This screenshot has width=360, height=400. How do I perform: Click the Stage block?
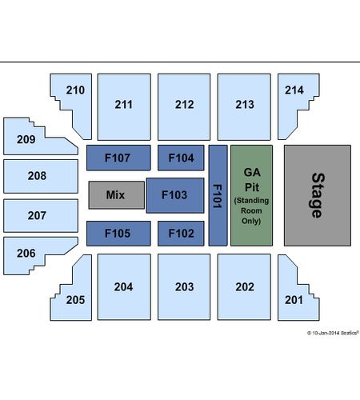tap(318, 195)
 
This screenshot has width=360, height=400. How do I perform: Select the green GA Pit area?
tap(251, 195)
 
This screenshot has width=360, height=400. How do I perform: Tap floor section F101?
tap(218, 195)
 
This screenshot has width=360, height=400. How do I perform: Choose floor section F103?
tap(175, 195)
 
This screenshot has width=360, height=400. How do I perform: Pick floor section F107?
tap(118, 158)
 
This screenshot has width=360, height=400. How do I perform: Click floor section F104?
tap(181, 158)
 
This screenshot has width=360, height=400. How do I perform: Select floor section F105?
tap(118, 234)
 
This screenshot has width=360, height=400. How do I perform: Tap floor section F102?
tap(181, 234)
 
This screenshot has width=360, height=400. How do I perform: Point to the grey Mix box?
tap(117, 195)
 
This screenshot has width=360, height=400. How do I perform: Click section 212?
tap(184, 107)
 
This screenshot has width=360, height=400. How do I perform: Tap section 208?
tap(41, 176)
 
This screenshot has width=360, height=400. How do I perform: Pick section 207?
tap(41, 216)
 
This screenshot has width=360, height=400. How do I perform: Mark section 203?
tap(184, 287)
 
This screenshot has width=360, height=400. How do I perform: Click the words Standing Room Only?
tap(251, 210)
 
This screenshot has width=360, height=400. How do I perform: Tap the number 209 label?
tap(26, 139)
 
